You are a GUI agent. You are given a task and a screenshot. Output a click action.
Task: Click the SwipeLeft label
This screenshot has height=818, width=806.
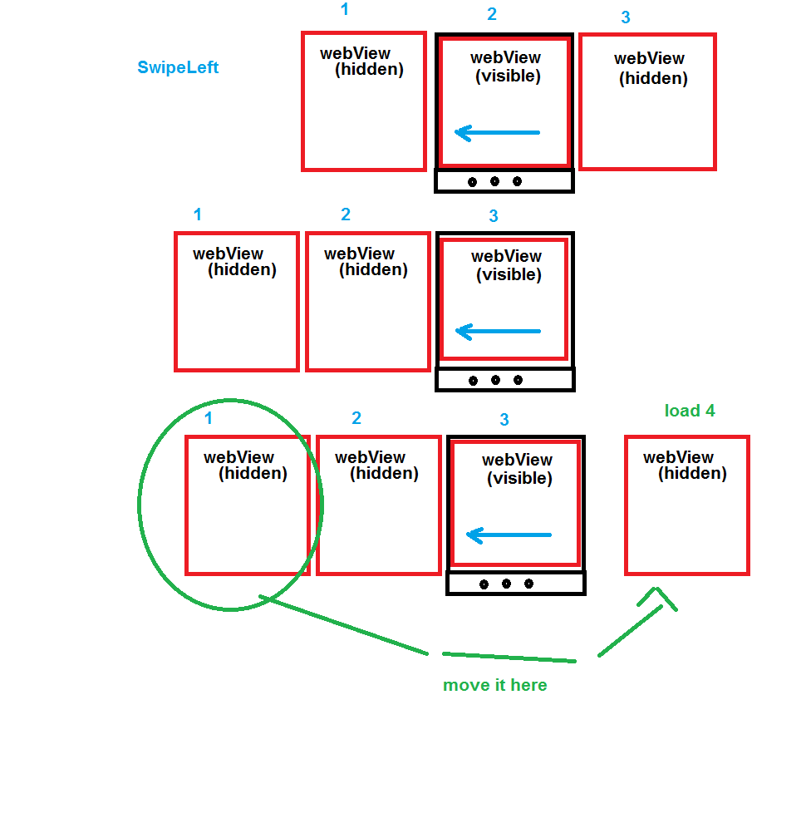(x=178, y=67)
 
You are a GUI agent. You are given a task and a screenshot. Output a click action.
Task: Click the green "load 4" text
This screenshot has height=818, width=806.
(x=690, y=411)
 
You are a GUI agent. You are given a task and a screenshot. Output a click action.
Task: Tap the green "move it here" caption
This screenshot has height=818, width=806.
(x=495, y=685)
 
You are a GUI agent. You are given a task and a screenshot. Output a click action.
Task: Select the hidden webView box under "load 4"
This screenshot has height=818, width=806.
(x=687, y=505)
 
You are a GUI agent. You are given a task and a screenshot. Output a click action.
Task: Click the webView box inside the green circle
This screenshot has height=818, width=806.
(x=247, y=505)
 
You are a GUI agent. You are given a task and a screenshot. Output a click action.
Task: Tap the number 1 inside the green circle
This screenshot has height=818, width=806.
(x=209, y=418)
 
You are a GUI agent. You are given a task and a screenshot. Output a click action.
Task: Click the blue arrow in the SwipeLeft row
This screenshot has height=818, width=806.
(x=498, y=132)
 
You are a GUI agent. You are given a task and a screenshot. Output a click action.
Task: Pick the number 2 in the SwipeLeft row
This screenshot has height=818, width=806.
(x=492, y=14)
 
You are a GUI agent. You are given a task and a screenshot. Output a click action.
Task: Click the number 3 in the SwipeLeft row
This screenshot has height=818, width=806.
(x=626, y=17)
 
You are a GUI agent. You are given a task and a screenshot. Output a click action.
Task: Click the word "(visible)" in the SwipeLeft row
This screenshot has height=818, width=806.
(x=508, y=76)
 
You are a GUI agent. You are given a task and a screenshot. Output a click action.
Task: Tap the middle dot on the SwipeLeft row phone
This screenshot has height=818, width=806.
(x=494, y=181)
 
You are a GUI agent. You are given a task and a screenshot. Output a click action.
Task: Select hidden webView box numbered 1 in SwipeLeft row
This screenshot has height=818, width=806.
(x=364, y=101)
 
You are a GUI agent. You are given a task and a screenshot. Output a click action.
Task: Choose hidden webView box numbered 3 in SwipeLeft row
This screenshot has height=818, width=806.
(x=647, y=101)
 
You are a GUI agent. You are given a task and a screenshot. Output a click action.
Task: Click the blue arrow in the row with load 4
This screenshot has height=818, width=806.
(x=509, y=535)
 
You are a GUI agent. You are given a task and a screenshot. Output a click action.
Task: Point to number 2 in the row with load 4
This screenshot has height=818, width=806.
(x=356, y=418)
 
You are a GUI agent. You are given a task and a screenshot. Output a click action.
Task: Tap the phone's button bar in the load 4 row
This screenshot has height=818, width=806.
(x=516, y=584)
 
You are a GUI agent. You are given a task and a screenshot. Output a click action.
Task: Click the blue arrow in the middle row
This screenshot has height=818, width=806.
(x=499, y=332)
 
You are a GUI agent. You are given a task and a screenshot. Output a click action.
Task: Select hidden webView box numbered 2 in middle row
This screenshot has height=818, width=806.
(x=368, y=302)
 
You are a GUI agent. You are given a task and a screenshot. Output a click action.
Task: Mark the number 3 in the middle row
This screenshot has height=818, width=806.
(x=494, y=216)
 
